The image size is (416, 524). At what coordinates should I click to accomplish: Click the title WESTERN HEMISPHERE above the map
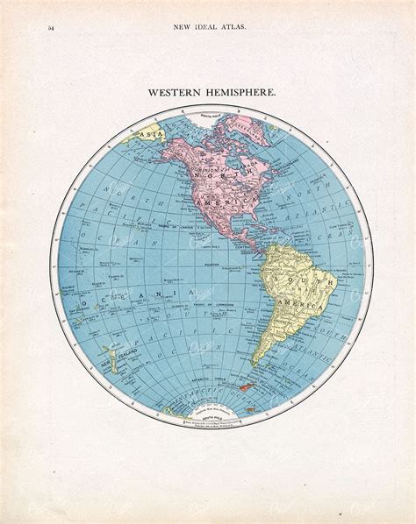pyautogui.click(x=208, y=90)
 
